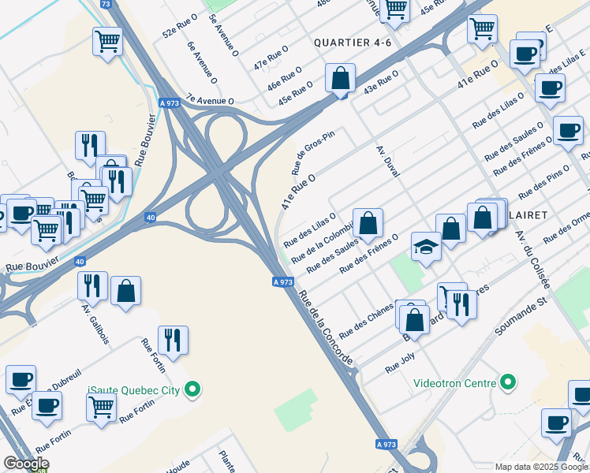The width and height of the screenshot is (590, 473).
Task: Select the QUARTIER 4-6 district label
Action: click(x=353, y=43)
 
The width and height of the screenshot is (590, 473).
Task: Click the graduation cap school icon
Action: click(x=426, y=248)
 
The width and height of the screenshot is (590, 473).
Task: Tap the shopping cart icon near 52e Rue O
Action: click(x=106, y=40)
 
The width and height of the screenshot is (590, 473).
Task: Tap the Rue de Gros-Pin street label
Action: click(x=313, y=151)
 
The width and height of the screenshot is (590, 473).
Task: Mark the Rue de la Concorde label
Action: click(x=325, y=325)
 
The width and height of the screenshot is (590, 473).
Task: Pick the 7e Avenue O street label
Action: click(x=210, y=101)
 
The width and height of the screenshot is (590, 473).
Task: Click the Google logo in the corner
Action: click(x=26, y=464)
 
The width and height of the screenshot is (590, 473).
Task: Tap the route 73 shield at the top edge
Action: click(x=106, y=4)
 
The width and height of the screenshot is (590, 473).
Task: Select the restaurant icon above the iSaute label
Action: click(x=172, y=340)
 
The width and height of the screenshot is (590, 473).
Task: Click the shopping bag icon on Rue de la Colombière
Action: click(x=368, y=223)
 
